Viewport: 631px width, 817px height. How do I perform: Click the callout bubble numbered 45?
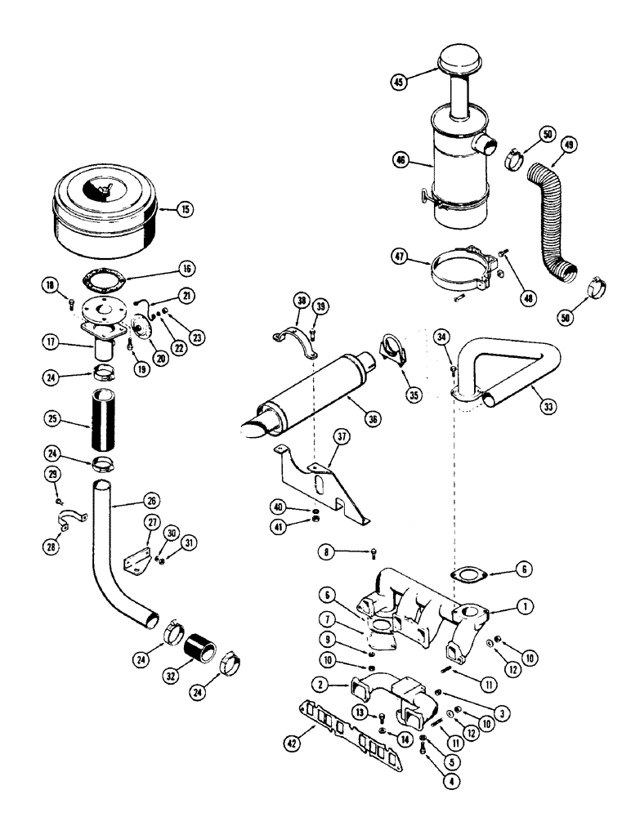(x=399, y=82)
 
